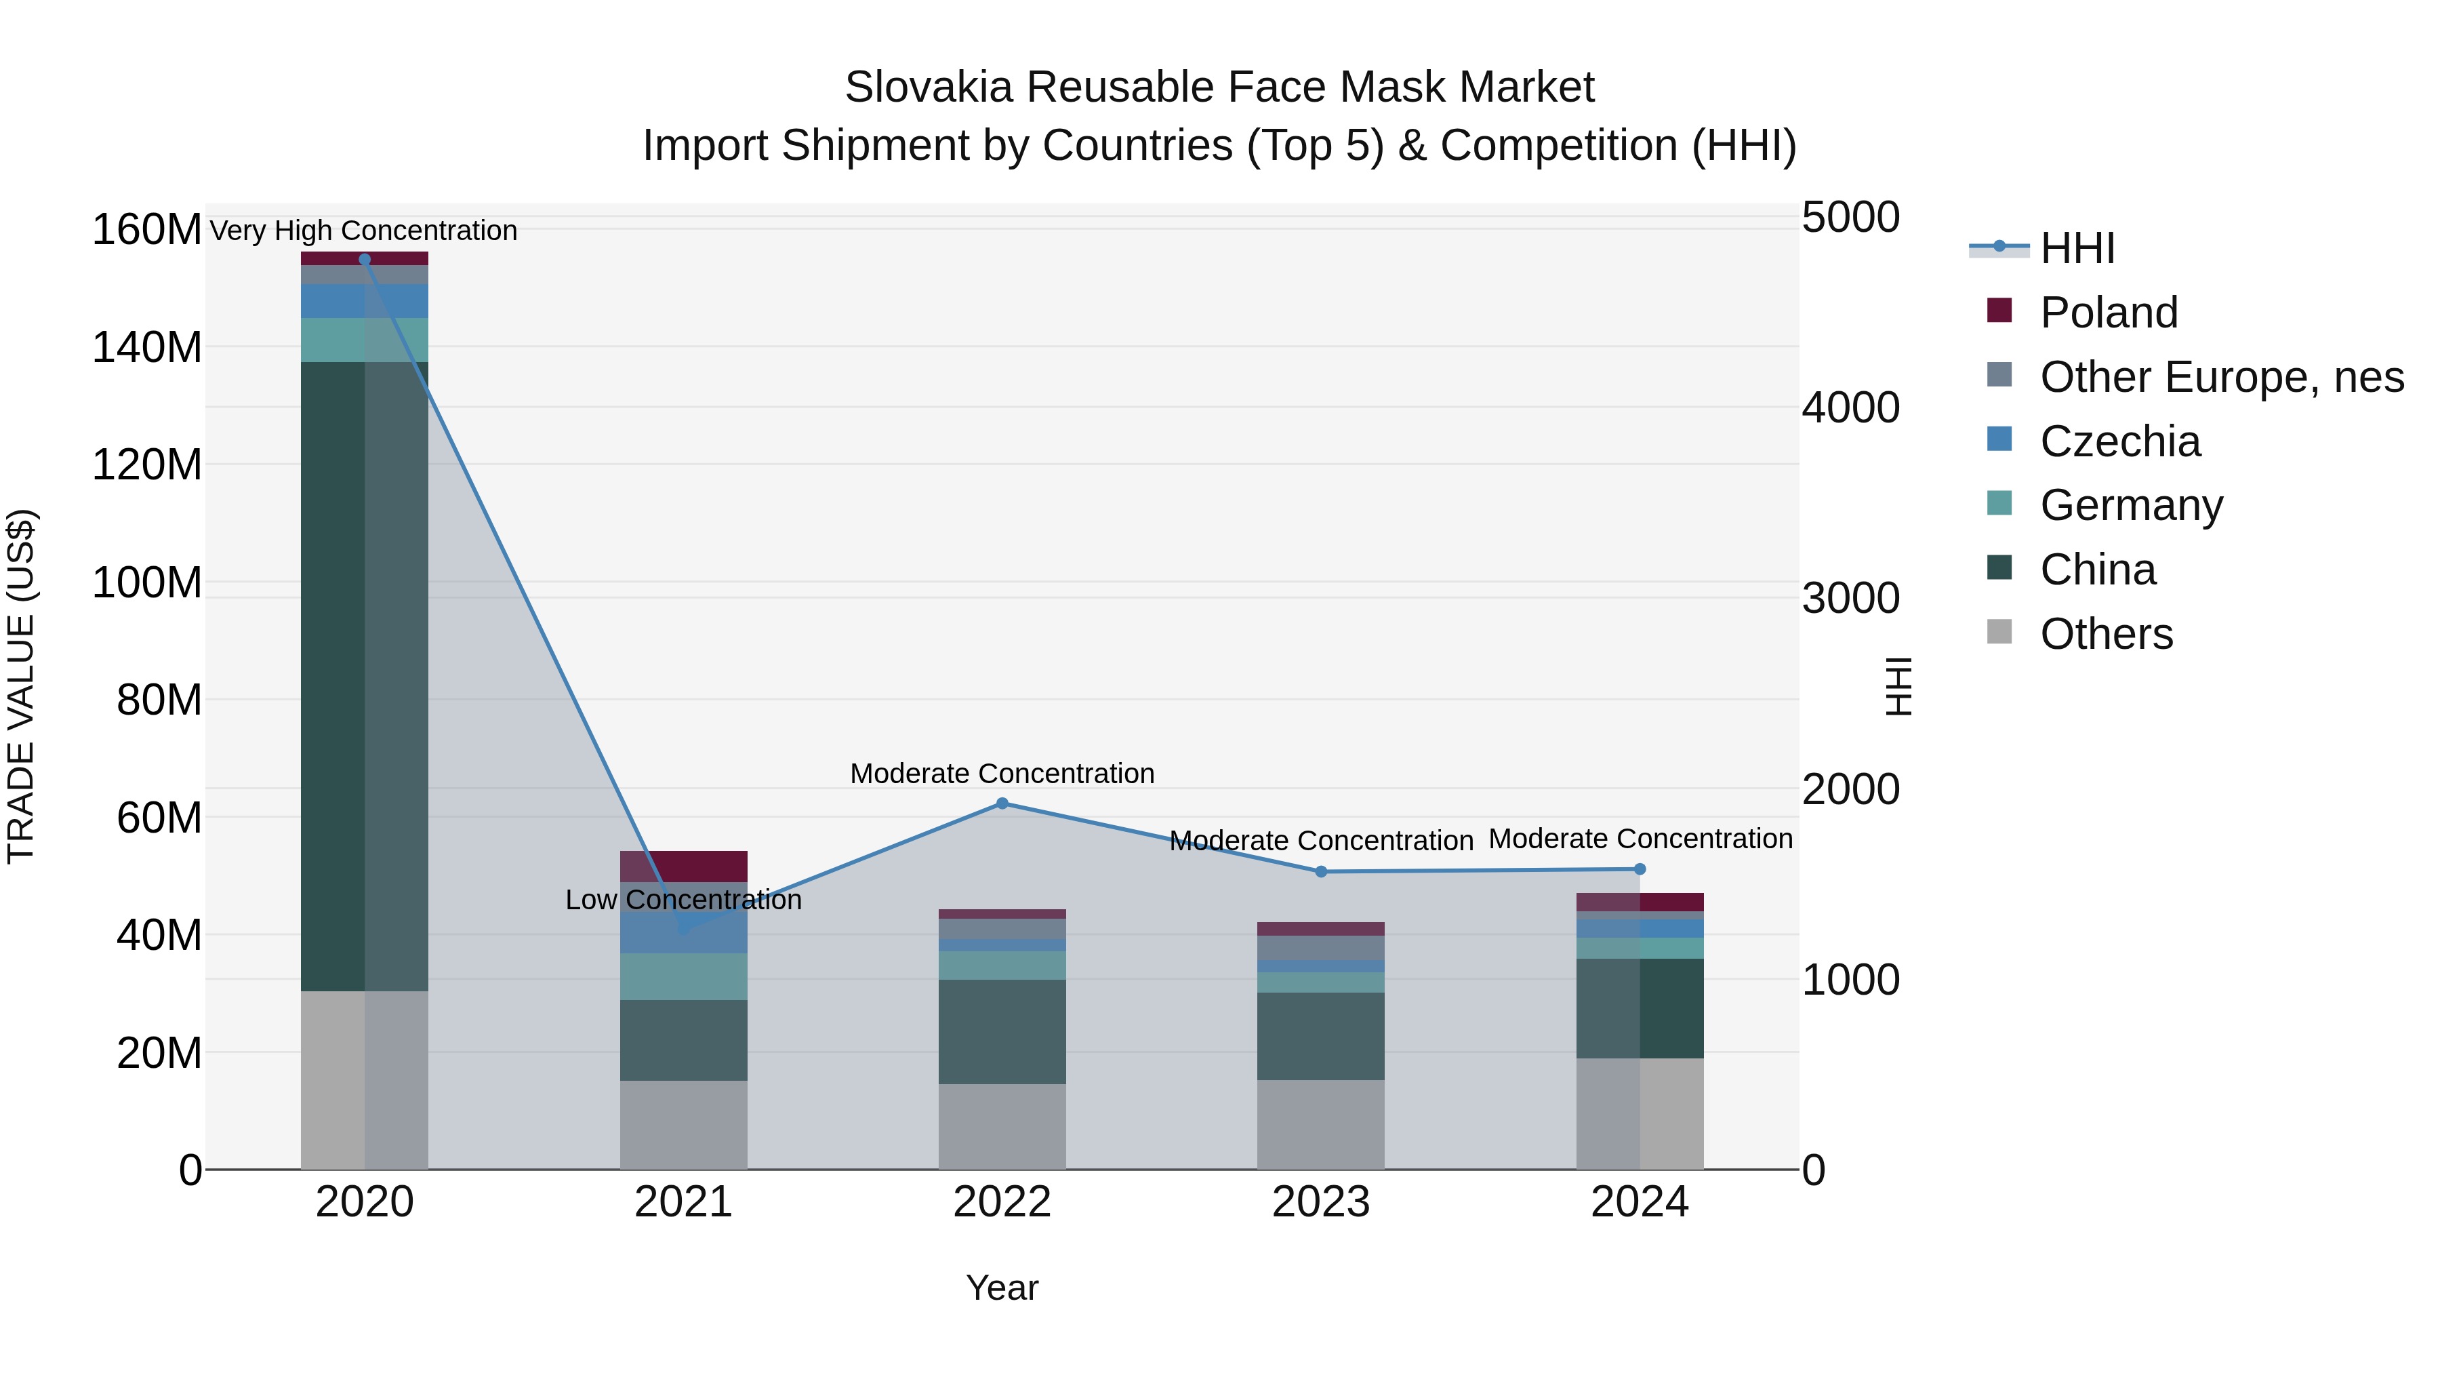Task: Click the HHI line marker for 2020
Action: point(365,260)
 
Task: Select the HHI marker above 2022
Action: point(1002,803)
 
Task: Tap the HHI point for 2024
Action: point(1640,869)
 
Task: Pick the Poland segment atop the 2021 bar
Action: point(683,866)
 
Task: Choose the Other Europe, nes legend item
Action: point(2221,377)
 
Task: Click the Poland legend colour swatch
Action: point(1999,310)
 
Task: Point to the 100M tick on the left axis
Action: point(147,582)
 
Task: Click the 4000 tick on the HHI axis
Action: point(1850,407)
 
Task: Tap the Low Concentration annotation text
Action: point(683,899)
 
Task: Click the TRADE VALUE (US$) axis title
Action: point(21,686)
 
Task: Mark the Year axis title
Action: point(1002,1288)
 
